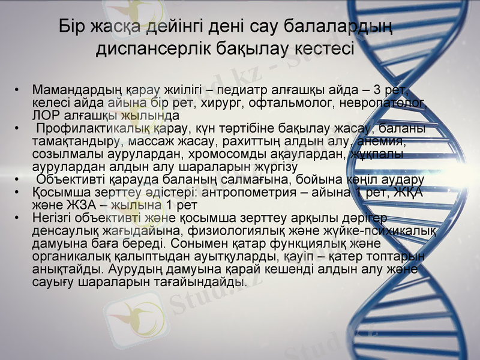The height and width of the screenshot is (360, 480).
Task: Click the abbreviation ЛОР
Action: coord(44,115)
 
